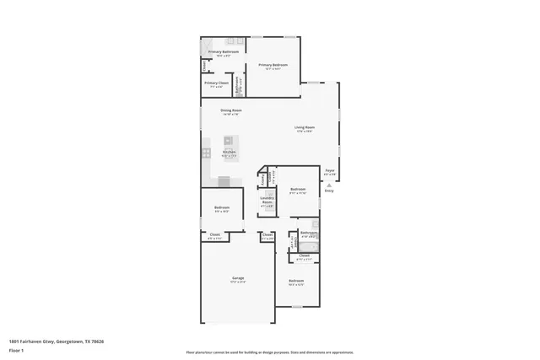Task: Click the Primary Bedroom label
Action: pos(273,66)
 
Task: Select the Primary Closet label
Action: pos(217,83)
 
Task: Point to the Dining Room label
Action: pos(231,111)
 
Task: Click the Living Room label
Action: pos(304,128)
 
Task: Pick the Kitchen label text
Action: pos(229,153)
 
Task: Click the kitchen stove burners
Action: pos(205,153)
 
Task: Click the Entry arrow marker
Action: pos(329,184)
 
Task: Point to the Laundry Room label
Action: pos(267,202)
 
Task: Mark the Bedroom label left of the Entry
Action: pos(297,190)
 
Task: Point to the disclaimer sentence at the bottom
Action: pos(270,352)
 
